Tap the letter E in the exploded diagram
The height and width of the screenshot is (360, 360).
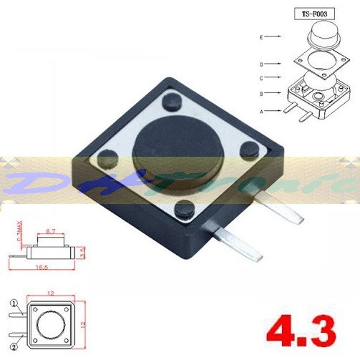pos(263,34)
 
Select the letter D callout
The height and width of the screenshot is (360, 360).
pos(263,63)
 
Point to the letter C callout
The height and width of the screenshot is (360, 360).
pos(263,77)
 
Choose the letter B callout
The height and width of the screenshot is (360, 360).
pos(263,93)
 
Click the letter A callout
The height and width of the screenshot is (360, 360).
pos(263,111)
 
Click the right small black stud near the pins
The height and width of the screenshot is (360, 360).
pos(249,149)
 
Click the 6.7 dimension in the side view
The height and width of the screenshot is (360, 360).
pos(51,232)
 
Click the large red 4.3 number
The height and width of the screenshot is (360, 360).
pos(301,331)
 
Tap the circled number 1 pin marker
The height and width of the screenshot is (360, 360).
pos(13,303)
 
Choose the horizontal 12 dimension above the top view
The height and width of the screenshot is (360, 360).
pos(51,294)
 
